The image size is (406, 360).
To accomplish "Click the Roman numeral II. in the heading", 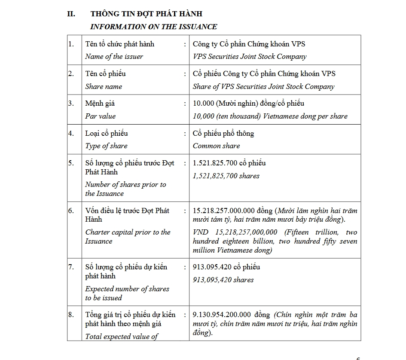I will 71,14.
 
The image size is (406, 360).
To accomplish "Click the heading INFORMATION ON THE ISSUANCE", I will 153,27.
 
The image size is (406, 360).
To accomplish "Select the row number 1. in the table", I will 71,44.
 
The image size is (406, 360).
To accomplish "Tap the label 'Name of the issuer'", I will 114,57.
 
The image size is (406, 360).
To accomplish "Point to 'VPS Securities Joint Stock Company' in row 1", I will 250,57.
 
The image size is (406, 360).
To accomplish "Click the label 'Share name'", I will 104,87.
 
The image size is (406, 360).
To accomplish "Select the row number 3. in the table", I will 71,104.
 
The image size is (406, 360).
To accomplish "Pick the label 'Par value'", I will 100,116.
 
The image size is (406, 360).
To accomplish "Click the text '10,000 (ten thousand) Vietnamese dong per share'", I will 270,116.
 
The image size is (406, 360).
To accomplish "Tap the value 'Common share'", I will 216,146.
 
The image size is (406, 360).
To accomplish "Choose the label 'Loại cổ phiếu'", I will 106,134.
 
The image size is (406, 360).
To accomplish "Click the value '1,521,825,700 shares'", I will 226,176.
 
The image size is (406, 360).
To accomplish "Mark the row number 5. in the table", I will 71,163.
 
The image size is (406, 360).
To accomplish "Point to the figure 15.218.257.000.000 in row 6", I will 226,211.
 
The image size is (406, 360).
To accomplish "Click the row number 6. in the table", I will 71,211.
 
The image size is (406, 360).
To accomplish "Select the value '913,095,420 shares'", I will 223,280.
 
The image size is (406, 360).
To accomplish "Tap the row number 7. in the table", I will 71,267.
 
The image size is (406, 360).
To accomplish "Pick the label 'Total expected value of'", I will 122,337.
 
